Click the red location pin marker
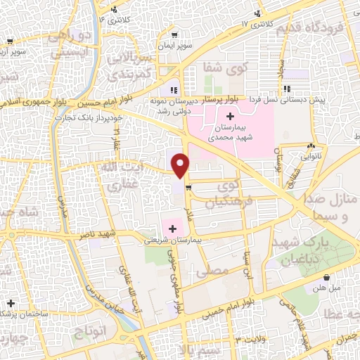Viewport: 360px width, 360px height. point(181,165)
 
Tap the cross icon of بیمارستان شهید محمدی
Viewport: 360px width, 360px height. point(231,114)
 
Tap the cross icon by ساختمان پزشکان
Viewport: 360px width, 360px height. point(11,303)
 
